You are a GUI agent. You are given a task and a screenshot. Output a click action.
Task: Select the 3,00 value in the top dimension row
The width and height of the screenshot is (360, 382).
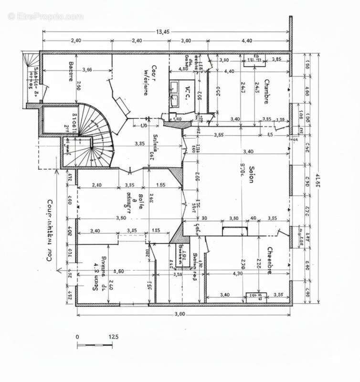pos(187,41)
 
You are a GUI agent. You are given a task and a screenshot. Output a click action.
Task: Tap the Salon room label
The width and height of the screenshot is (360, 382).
pos(249,174)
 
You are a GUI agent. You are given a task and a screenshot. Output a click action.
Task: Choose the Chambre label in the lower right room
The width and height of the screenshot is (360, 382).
pos(269,261)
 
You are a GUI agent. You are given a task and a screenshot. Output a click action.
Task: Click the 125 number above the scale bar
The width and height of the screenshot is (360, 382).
pos(113,337)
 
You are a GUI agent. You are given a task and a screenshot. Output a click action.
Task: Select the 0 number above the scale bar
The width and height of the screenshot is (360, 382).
pos(77,337)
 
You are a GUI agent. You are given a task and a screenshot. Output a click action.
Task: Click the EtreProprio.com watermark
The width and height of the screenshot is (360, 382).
pos(45,16)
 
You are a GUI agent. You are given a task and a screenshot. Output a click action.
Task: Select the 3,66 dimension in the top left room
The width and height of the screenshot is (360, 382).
pos(87,70)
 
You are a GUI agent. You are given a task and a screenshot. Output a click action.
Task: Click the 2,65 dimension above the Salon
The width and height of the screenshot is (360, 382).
pos(219,135)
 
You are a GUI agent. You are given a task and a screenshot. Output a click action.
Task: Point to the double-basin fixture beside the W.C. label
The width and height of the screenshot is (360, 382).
pos(174,93)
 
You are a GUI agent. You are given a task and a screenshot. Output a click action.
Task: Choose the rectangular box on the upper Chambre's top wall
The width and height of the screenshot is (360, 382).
pos(253,60)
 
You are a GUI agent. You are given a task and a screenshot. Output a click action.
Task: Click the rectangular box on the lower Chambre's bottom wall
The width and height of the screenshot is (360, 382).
pos(254,297)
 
